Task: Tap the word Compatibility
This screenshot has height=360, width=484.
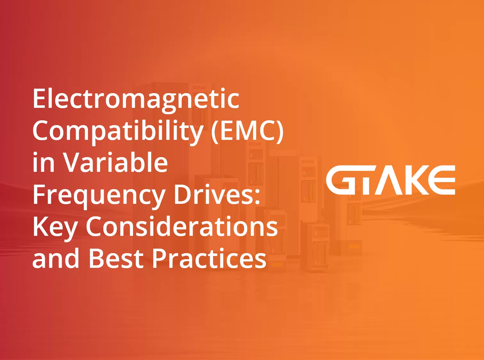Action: [118, 132]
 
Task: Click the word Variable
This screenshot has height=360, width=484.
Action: [115, 163]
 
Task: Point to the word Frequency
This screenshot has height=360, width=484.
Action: [99, 195]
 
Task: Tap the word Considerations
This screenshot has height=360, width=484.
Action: [182, 227]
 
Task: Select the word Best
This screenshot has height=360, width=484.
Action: [115, 258]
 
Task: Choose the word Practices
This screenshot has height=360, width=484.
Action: [209, 258]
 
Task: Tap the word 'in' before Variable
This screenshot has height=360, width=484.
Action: [43, 163]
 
